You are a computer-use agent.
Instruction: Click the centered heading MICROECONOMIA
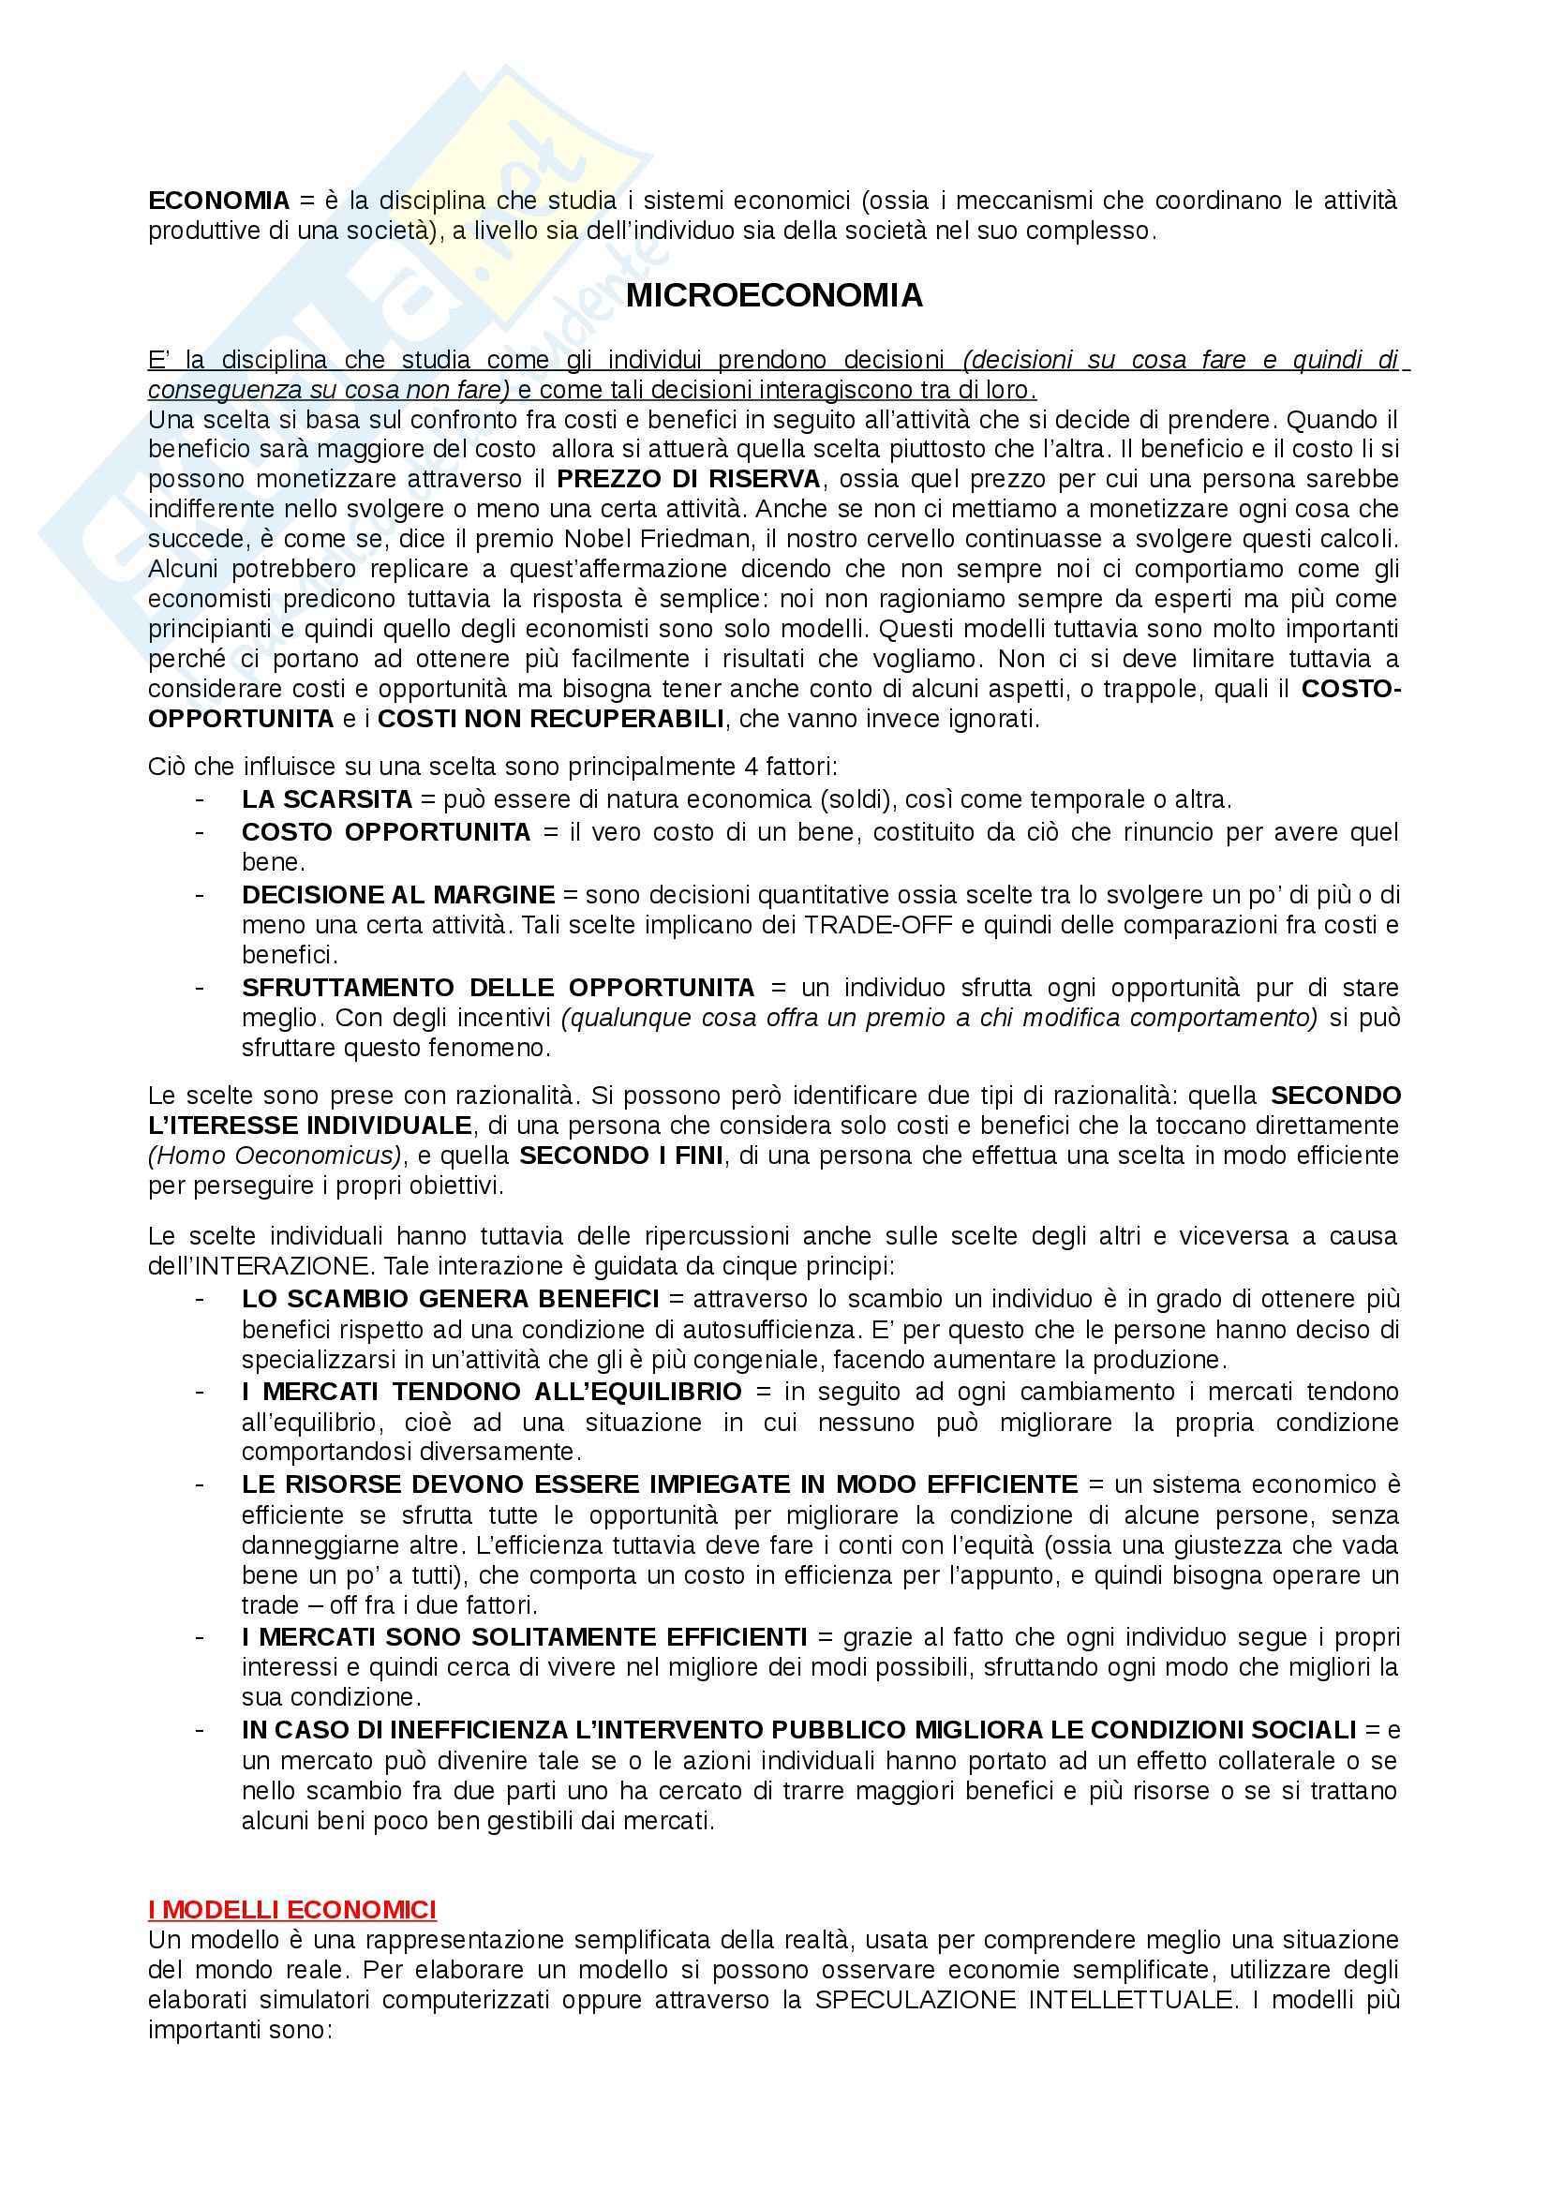tap(774, 296)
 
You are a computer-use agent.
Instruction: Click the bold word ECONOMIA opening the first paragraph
tap(218, 201)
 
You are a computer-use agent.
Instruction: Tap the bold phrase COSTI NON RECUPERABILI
tap(551, 719)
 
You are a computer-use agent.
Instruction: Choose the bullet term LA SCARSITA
tap(326, 799)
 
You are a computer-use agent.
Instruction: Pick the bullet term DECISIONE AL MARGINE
tap(397, 895)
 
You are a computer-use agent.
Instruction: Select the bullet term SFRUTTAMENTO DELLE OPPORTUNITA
tap(498, 987)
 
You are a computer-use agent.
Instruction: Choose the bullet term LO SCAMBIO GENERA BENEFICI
tap(450, 1298)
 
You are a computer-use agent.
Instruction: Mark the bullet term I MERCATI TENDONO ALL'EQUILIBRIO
tap(491, 1391)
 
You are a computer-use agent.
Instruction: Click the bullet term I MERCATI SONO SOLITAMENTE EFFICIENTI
tap(524, 1637)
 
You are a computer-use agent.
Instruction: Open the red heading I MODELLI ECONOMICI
tap(292, 1909)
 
